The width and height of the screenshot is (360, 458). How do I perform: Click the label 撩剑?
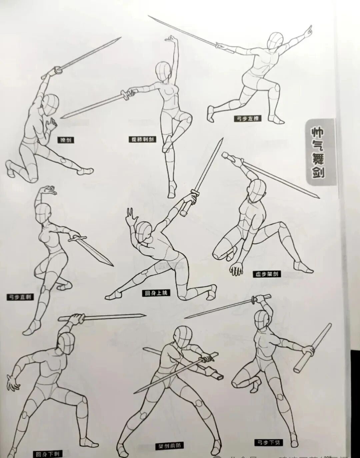click(65, 140)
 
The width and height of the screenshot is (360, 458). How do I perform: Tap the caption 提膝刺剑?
click(142, 139)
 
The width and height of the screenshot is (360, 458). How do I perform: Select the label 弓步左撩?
click(247, 118)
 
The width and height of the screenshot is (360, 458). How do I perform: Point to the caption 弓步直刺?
click(20, 296)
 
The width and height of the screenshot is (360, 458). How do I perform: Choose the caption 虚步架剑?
click(267, 274)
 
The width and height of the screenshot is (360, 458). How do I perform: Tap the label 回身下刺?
click(47, 454)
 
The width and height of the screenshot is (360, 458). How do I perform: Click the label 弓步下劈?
click(268, 442)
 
